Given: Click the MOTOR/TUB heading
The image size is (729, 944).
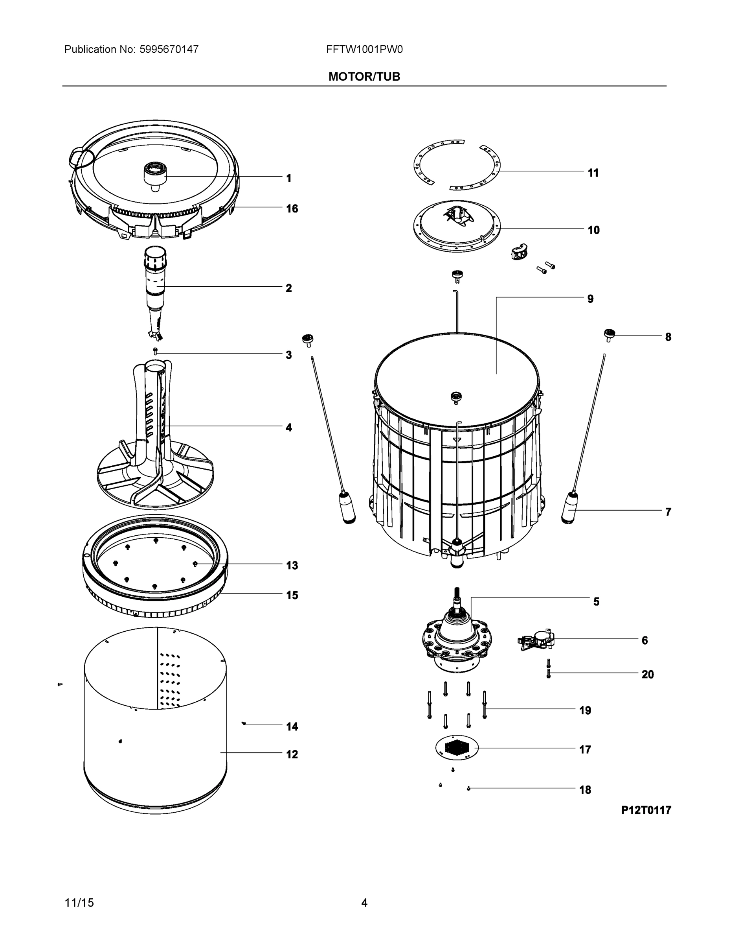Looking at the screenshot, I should [x=364, y=77].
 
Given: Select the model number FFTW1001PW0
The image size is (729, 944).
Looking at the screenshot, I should [x=364, y=49].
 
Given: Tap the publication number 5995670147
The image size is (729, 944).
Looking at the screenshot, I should [x=169, y=49].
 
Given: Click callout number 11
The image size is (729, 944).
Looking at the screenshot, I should [x=593, y=173].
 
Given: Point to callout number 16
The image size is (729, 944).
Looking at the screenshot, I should [x=292, y=209].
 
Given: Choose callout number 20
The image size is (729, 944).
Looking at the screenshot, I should [x=647, y=674].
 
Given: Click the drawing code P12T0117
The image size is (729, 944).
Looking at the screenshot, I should [x=646, y=810].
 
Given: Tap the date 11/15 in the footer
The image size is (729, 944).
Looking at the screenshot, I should [x=79, y=903].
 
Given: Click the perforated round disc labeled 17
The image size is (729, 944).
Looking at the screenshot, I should [x=457, y=747].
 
